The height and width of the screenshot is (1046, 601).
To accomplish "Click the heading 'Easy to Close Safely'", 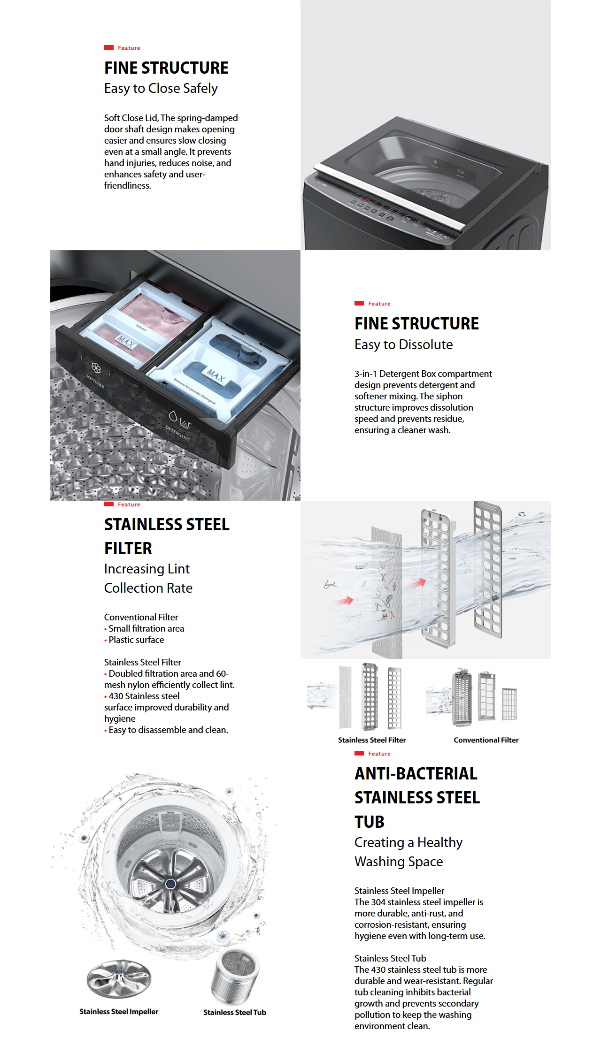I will [161, 89].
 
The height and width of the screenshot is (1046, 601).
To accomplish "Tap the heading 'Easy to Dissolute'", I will [403, 345].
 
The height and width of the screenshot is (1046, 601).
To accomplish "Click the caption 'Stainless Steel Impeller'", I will [119, 1011].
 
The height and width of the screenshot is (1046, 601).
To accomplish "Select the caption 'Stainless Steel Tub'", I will [234, 1012].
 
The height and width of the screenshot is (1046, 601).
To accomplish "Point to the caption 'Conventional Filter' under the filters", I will [486, 740].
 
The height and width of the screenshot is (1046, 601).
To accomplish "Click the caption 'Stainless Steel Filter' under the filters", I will [372, 740].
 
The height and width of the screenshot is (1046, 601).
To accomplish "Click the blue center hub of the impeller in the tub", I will [171, 884].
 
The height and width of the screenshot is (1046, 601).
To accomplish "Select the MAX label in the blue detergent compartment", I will [216, 375].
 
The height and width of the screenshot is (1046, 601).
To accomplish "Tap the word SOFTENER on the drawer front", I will [95, 382].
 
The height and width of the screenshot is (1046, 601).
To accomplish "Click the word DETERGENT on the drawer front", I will [177, 433].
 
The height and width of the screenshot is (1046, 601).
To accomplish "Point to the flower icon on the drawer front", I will [96, 368].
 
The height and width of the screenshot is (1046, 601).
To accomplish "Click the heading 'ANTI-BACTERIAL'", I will [416, 774].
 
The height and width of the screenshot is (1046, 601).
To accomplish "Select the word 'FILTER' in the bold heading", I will [128, 548].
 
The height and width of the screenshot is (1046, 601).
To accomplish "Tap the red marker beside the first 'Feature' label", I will [109, 47].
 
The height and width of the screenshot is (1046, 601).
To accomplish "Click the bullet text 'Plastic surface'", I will [136, 640].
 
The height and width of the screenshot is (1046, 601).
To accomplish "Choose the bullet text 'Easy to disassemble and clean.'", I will [168, 730].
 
